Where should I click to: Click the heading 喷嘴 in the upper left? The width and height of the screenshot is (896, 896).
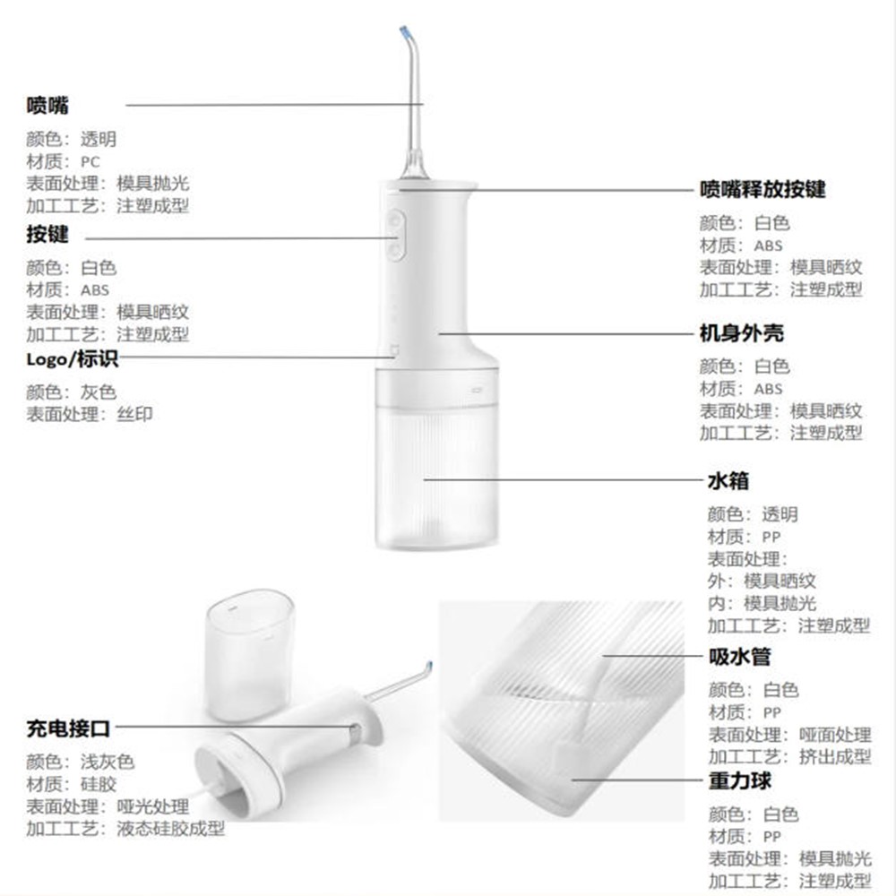[47, 106]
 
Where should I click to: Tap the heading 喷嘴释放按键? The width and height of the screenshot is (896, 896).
[762, 189]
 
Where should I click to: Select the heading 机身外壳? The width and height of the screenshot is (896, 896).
[742, 333]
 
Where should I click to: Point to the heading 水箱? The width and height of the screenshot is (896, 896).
[728, 480]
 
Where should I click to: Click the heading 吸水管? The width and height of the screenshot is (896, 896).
[740, 657]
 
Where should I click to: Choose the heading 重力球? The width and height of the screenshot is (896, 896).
[740, 780]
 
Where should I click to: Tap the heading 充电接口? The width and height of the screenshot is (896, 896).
[69, 728]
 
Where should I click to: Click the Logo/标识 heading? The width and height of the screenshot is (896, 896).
[73, 359]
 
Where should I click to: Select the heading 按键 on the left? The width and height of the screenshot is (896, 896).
[47, 234]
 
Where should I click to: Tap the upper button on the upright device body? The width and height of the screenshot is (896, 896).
[395, 220]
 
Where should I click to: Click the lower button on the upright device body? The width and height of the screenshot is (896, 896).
[395, 249]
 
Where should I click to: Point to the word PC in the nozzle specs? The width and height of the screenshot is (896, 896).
[90, 162]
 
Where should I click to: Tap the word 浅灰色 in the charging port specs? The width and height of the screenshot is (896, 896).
[108, 762]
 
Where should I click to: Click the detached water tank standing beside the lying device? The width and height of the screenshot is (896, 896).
[250, 654]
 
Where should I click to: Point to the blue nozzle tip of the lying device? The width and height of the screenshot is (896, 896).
[430, 667]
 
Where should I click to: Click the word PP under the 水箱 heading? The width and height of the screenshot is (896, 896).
[771, 537]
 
